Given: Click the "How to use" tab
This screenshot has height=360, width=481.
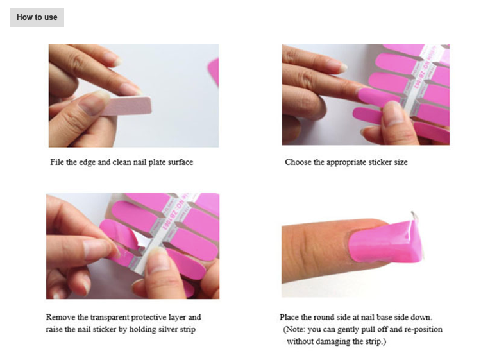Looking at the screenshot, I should pyautogui.click(x=37, y=17).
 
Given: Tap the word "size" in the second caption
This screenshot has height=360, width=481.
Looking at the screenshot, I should pyautogui.click(x=400, y=162).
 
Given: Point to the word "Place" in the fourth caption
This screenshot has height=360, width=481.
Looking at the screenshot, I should pyautogui.click(x=289, y=318).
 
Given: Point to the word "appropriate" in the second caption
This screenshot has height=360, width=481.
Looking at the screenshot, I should pyautogui.click(x=339, y=162).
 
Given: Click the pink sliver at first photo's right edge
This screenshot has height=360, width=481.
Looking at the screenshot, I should pyautogui.click(x=214, y=71).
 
